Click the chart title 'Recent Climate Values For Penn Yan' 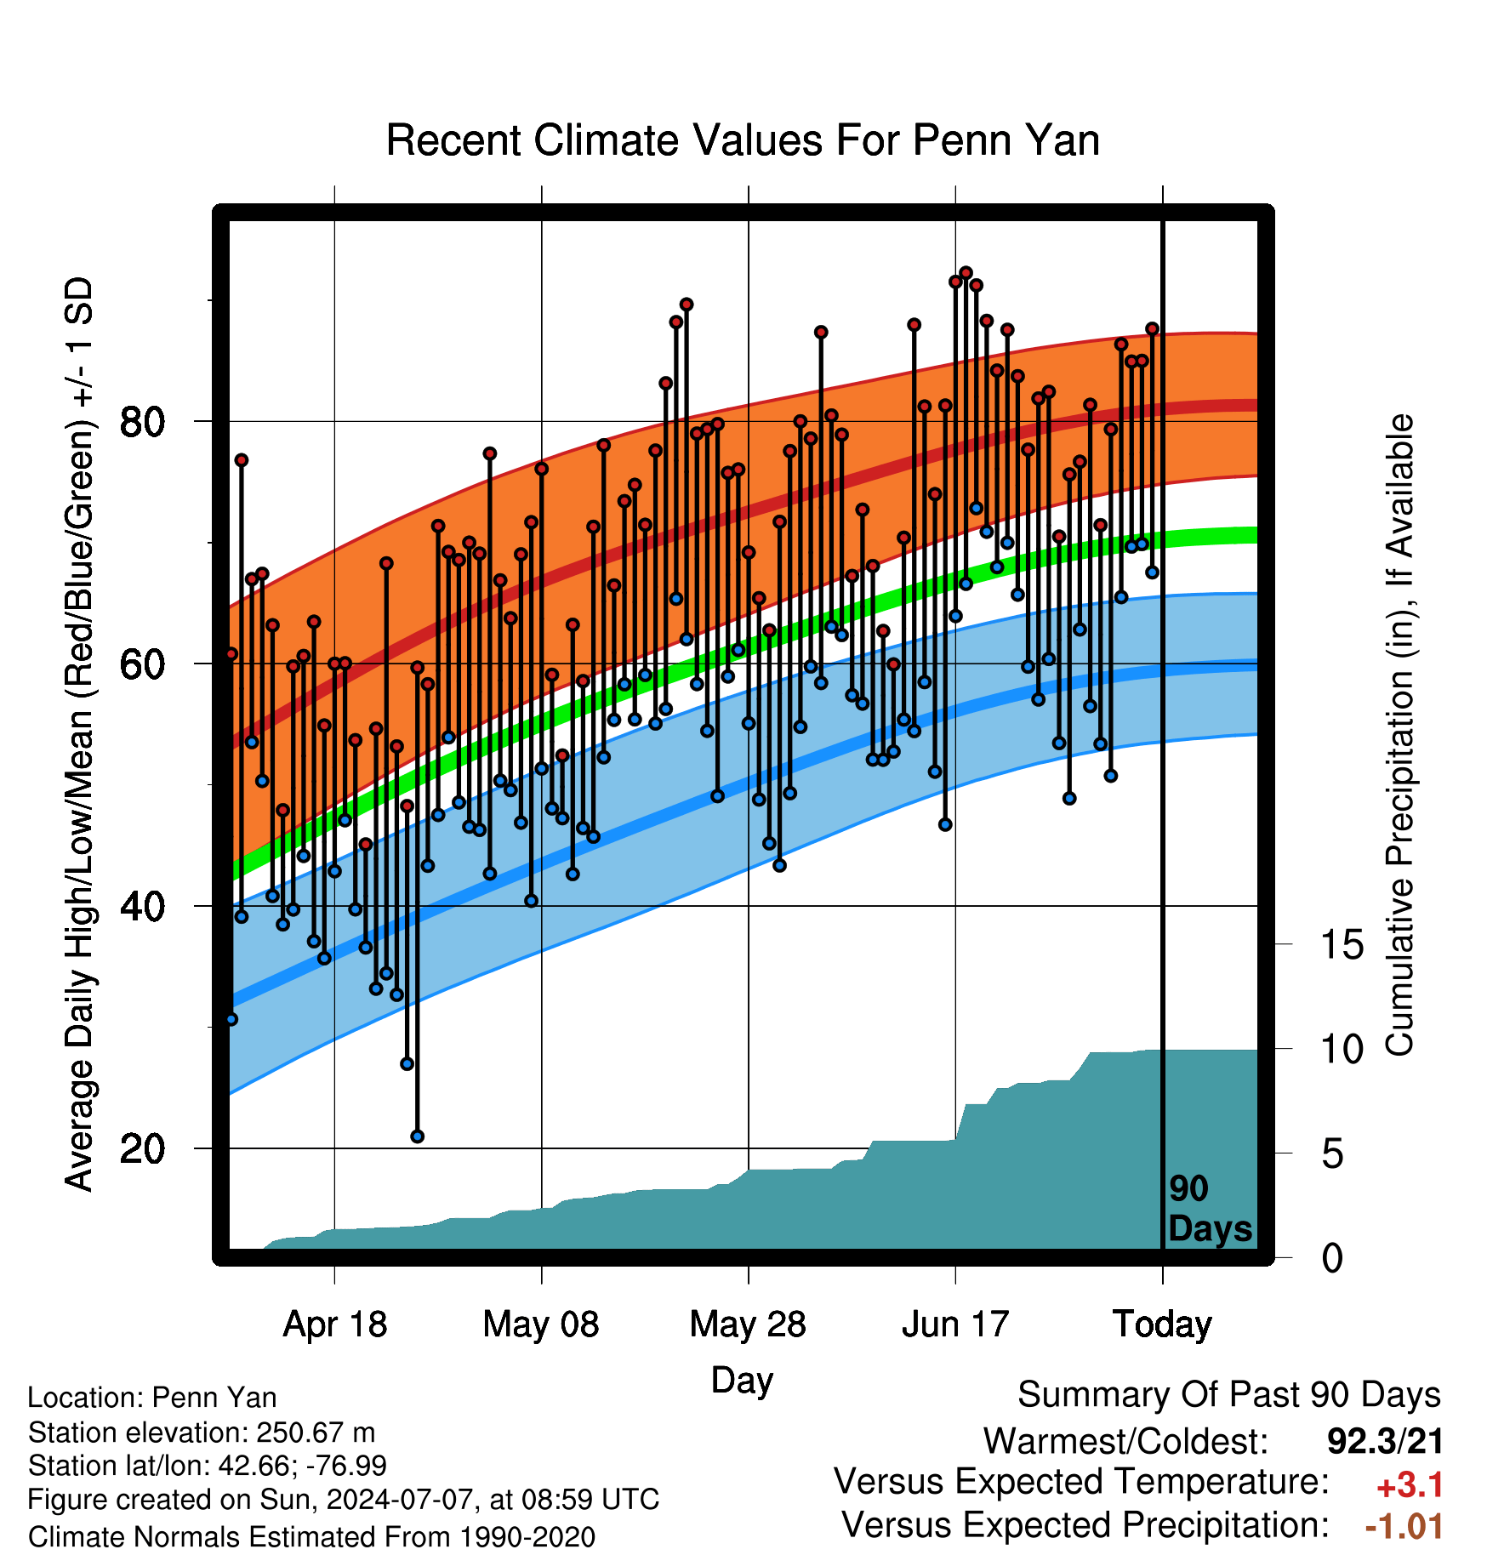point(743,140)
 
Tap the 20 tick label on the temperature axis point(143,1148)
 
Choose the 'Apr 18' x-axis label point(334,1324)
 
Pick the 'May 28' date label point(748,1324)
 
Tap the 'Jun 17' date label point(955,1324)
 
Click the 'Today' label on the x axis point(1162,1324)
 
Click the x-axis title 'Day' point(742,1380)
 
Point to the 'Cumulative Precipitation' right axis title point(1399,736)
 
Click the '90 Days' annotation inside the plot point(1210,1209)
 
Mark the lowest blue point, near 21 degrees point(417,1136)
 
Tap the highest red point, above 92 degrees point(966,273)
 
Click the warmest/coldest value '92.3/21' point(1386,1441)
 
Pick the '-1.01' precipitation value point(1404,1526)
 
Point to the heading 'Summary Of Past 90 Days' point(1229,1395)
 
